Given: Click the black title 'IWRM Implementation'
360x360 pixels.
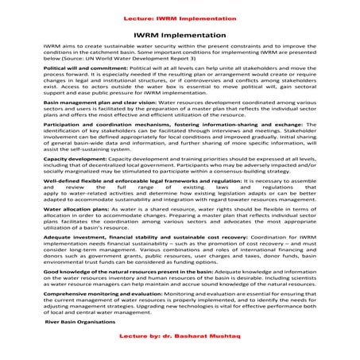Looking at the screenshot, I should pos(180,35).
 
